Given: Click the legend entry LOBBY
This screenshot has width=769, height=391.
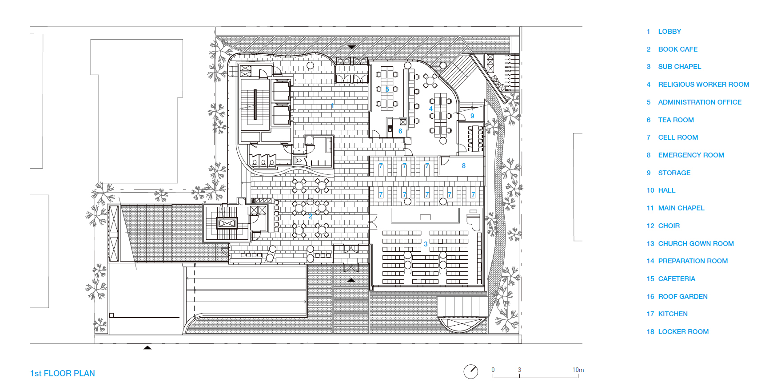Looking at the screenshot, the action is (669, 32).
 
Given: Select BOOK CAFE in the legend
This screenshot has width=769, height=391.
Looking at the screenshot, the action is (677, 49).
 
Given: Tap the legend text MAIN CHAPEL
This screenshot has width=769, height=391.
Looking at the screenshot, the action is (681, 208).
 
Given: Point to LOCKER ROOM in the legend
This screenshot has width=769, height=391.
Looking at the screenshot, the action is (683, 332).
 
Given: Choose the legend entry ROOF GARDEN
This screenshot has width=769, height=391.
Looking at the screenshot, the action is (683, 297).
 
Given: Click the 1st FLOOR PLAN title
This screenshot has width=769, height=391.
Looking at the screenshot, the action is (62, 374).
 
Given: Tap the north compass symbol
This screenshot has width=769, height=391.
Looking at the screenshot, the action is (471, 371).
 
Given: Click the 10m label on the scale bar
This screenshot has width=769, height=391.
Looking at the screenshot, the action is (578, 370).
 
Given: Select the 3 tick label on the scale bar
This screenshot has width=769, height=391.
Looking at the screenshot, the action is (519, 370).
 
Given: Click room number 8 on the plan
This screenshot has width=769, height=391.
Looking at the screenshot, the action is (463, 166).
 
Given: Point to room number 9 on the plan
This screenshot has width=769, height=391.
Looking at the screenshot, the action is (472, 116).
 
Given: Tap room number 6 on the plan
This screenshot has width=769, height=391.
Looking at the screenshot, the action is (400, 131).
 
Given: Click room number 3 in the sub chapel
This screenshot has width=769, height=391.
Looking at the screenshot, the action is (426, 244).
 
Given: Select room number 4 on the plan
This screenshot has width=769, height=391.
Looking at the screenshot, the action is (430, 109).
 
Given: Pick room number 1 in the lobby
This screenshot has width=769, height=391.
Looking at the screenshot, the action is (332, 105).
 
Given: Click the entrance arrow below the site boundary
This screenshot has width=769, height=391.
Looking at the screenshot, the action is (147, 347).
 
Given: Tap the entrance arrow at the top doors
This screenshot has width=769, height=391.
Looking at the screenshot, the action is (352, 47).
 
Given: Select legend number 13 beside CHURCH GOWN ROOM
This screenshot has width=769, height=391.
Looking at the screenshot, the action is (650, 244).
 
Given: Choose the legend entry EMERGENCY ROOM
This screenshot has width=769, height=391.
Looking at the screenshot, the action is (691, 155).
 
